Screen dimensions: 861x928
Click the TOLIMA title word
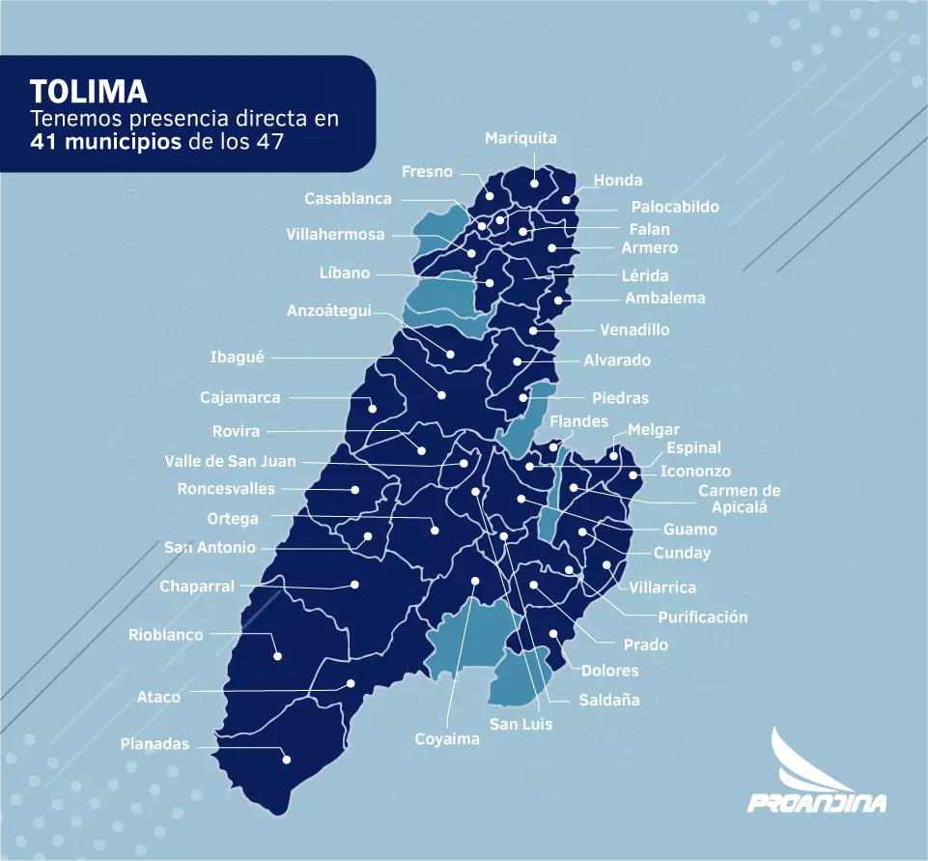tap(88, 92)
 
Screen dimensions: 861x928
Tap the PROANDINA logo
tap(817, 772)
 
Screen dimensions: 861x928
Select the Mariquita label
tap(520, 138)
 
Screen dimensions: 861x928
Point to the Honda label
tap(618, 180)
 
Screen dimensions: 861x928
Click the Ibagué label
tap(237, 358)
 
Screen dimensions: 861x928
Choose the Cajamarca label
tap(240, 397)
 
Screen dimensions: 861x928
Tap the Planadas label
tap(155, 744)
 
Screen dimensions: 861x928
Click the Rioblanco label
tap(166, 635)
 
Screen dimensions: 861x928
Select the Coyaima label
tap(447, 739)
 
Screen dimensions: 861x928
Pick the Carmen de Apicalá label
tap(739, 499)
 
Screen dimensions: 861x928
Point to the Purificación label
tap(703, 617)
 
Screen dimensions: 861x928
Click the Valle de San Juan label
tap(231, 461)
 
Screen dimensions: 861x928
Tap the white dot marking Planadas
tap(287, 760)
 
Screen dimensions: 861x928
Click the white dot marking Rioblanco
tap(277, 656)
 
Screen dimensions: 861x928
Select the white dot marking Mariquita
tap(534, 181)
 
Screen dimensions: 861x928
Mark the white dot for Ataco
tap(351, 683)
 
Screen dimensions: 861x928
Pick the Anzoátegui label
tap(329, 311)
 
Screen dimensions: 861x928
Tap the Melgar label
tap(654, 430)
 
